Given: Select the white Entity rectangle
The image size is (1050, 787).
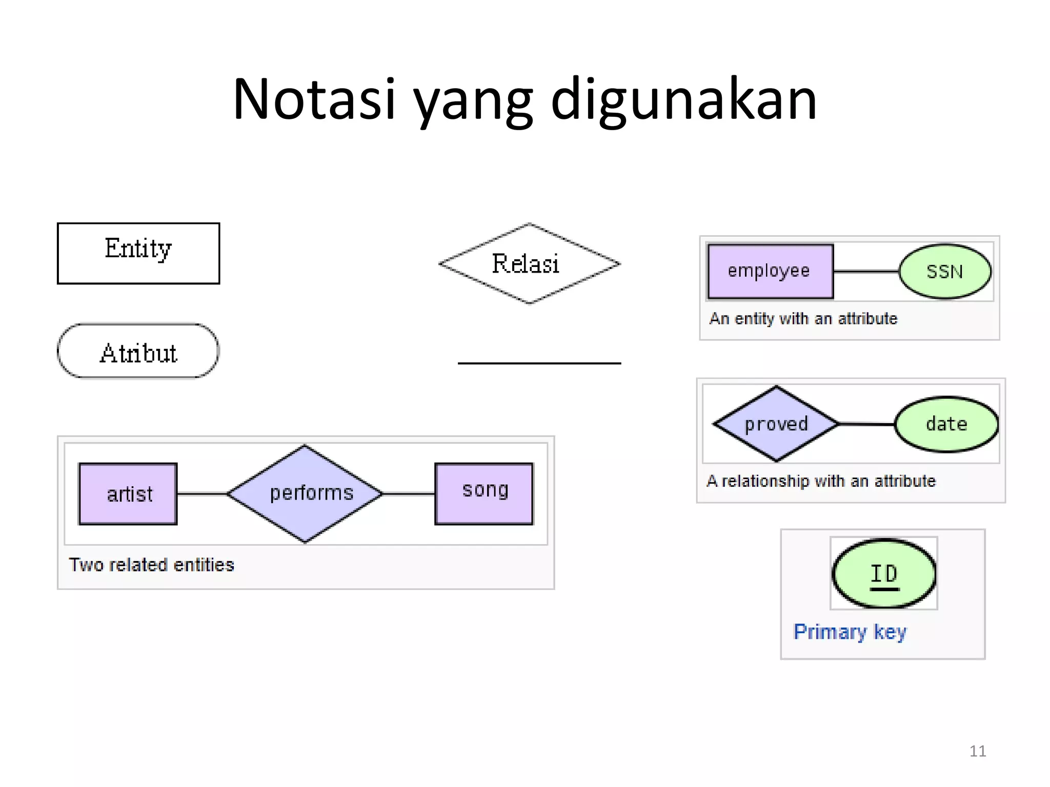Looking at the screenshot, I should [x=138, y=253].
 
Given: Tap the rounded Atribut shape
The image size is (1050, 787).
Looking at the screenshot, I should [x=138, y=351].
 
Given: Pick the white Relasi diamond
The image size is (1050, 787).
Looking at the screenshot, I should [x=529, y=263].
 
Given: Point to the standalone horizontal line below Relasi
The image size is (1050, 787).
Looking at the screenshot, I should [x=539, y=363].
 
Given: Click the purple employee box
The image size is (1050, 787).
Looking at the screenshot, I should [x=770, y=271].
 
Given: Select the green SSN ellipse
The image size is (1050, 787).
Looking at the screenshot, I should [x=944, y=272].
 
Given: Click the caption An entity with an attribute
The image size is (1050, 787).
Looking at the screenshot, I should [x=803, y=319].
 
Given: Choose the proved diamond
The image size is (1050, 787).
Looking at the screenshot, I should [x=776, y=424].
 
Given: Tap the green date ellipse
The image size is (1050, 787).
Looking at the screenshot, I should [x=946, y=424].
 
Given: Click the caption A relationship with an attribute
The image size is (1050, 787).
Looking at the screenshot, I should [x=821, y=481].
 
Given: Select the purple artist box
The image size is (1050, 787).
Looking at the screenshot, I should [x=128, y=494].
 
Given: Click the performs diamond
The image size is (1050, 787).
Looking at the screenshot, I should [x=306, y=493].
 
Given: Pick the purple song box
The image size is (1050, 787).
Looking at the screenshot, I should [x=484, y=493].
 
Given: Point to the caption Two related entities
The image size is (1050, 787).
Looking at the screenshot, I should [x=151, y=565].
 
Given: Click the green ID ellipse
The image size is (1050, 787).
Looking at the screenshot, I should [x=883, y=574].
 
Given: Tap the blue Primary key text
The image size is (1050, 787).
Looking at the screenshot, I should [x=850, y=632].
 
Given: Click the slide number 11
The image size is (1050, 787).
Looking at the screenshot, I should [x=977, y=751].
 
